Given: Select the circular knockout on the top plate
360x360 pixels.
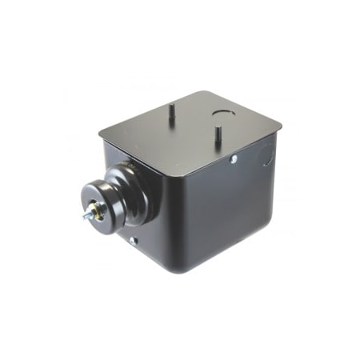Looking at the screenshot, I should click(224, 113).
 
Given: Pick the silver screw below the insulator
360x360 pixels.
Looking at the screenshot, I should click(133, 239).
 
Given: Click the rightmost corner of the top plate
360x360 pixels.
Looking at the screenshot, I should click(282, 124).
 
